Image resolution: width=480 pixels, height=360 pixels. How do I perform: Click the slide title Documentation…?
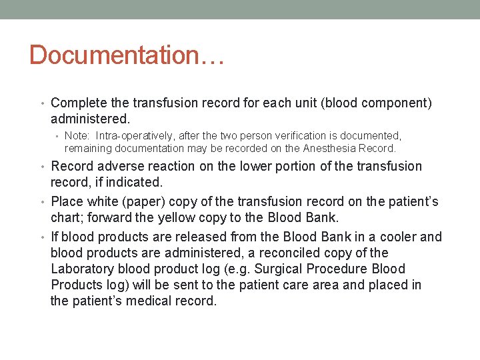pyautogui.click(x=127, y=55)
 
